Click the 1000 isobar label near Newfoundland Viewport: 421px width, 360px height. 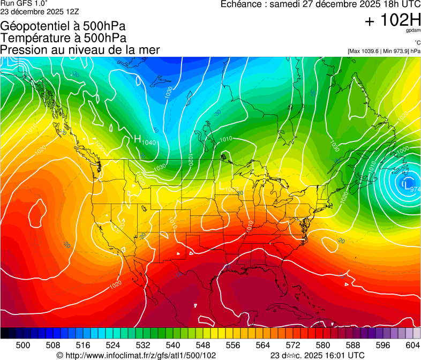point(403,149)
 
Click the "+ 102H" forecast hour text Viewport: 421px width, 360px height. point(393,21)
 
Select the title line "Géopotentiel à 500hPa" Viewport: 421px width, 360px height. point(66,26)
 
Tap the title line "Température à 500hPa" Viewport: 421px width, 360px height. point(63,38)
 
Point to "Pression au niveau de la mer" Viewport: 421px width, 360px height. point(80,50)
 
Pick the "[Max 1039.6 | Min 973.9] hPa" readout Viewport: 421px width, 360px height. point(384,51)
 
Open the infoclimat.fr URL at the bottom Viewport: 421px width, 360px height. point(137,355)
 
